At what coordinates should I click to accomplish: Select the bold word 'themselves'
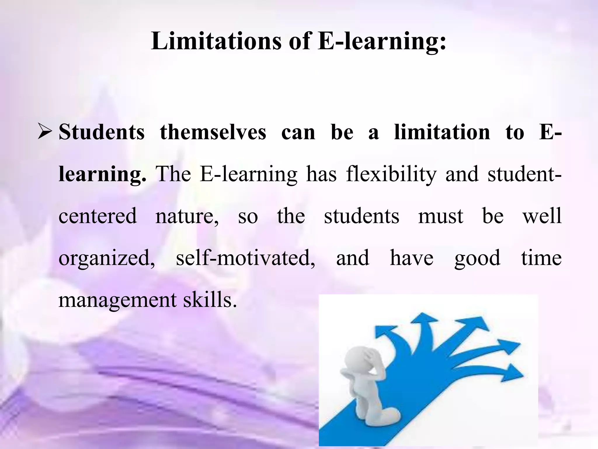pos(213,132)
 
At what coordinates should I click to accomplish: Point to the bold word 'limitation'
pos(442,132)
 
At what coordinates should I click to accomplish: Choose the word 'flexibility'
pos(391,174)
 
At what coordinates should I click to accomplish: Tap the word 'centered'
pos(98,216)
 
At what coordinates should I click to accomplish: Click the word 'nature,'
pos(187,217)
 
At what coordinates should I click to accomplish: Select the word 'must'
pos(441,216)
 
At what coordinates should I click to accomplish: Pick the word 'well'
pos(542,216)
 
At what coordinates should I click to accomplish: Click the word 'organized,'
pos(107,258)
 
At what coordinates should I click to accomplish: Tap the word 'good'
pos(477,258)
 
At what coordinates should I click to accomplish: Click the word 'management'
pos(118,301)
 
